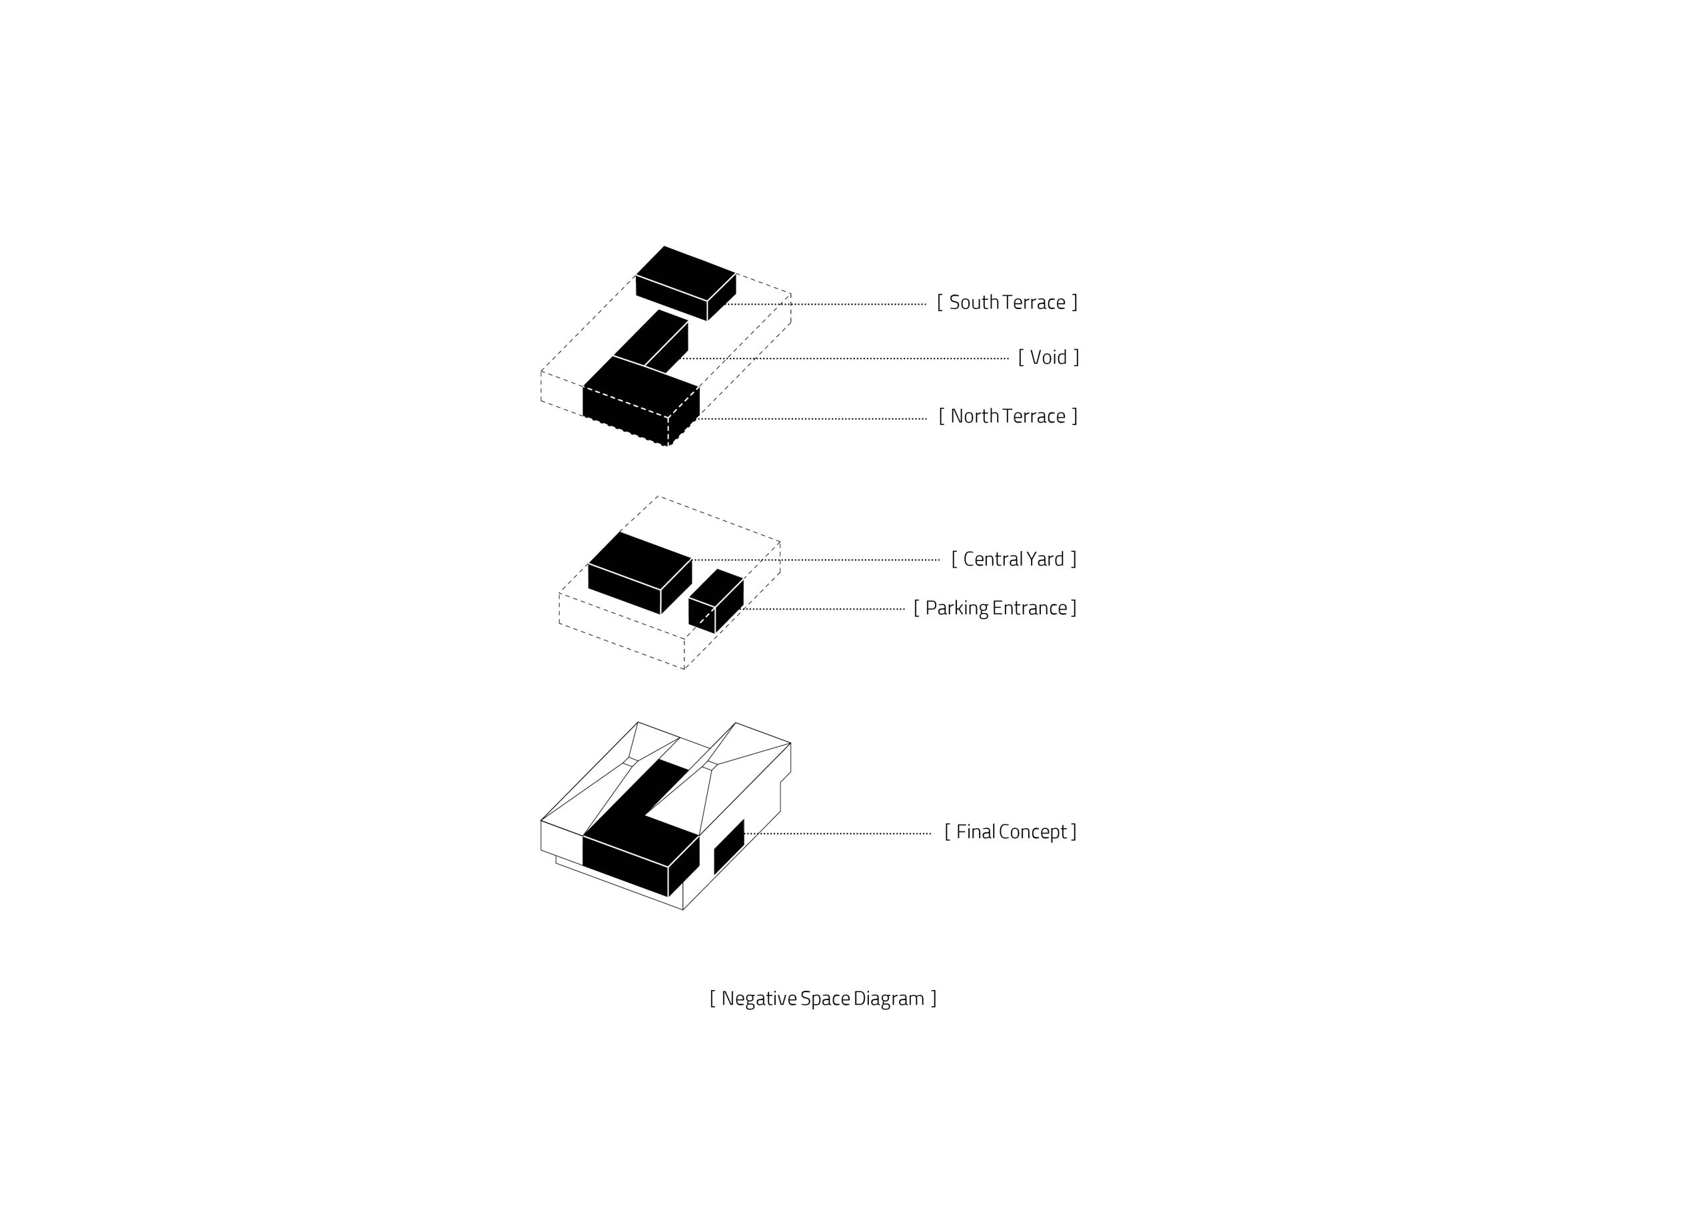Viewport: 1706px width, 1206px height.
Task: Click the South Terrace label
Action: pos(1007,302)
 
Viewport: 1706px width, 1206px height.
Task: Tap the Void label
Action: pos(1048,357)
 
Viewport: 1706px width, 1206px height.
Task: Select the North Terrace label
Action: pos(1008,416)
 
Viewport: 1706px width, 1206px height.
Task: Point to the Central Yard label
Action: pos(1014,559)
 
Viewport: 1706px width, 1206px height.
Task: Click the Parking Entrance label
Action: pos(995,608)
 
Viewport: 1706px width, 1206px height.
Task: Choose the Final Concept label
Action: pos(1010,832)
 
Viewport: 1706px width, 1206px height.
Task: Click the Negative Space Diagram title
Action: pos(822,999)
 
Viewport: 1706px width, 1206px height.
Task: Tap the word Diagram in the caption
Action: pos(889,999)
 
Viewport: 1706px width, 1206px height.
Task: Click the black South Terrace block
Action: pos(686,283)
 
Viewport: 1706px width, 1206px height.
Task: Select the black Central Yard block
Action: pos(640,573)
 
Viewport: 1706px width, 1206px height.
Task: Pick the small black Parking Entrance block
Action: pos(716,601)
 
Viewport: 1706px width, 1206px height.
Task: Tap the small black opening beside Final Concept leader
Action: pos(729,847)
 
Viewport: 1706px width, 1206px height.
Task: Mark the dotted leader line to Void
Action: pos(845,359)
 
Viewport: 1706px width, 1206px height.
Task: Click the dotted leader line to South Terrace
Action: pos(826,304)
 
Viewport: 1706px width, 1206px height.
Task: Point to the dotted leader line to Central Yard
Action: pos(816,560)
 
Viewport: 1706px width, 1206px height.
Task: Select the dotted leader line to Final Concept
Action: pos(838,834)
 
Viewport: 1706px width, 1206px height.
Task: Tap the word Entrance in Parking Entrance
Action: pos(1029,608)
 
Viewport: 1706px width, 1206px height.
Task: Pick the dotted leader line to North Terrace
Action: pos(813,419)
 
